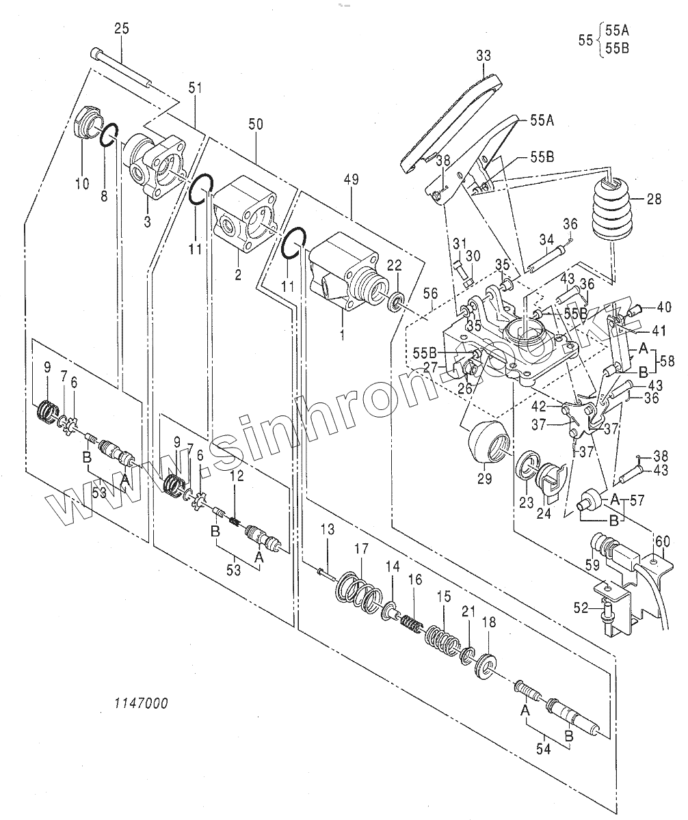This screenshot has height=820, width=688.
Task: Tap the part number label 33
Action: click(484, 56)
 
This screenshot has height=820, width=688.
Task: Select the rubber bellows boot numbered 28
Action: click(613, 210)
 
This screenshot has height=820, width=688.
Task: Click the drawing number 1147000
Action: click(142, 702)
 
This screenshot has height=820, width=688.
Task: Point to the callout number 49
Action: click(352, 180)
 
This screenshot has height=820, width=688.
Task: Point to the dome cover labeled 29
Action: click(488, 441)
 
